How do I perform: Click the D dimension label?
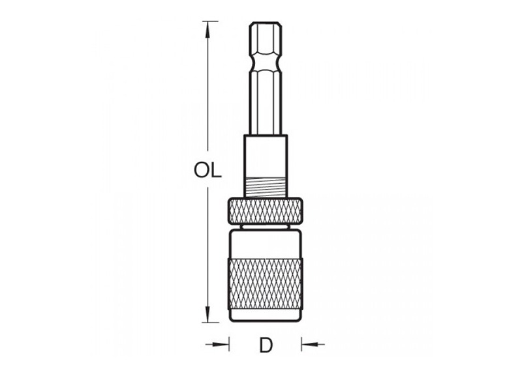(x=266, y=345)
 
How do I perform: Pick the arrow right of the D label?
(x=312, y=343)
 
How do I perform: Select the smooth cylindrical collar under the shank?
(x=266, y=156)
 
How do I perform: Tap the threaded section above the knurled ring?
(x=266, y=188)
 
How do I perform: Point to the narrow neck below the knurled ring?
(x=266, y=226)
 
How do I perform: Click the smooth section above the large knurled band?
(x=266, y=244)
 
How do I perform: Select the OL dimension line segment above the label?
(x=208, y=91)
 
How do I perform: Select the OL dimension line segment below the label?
(x=208, y=248)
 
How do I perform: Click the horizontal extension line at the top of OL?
(x=209, y=22)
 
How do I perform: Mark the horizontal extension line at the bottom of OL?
(x=209, y=322)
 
